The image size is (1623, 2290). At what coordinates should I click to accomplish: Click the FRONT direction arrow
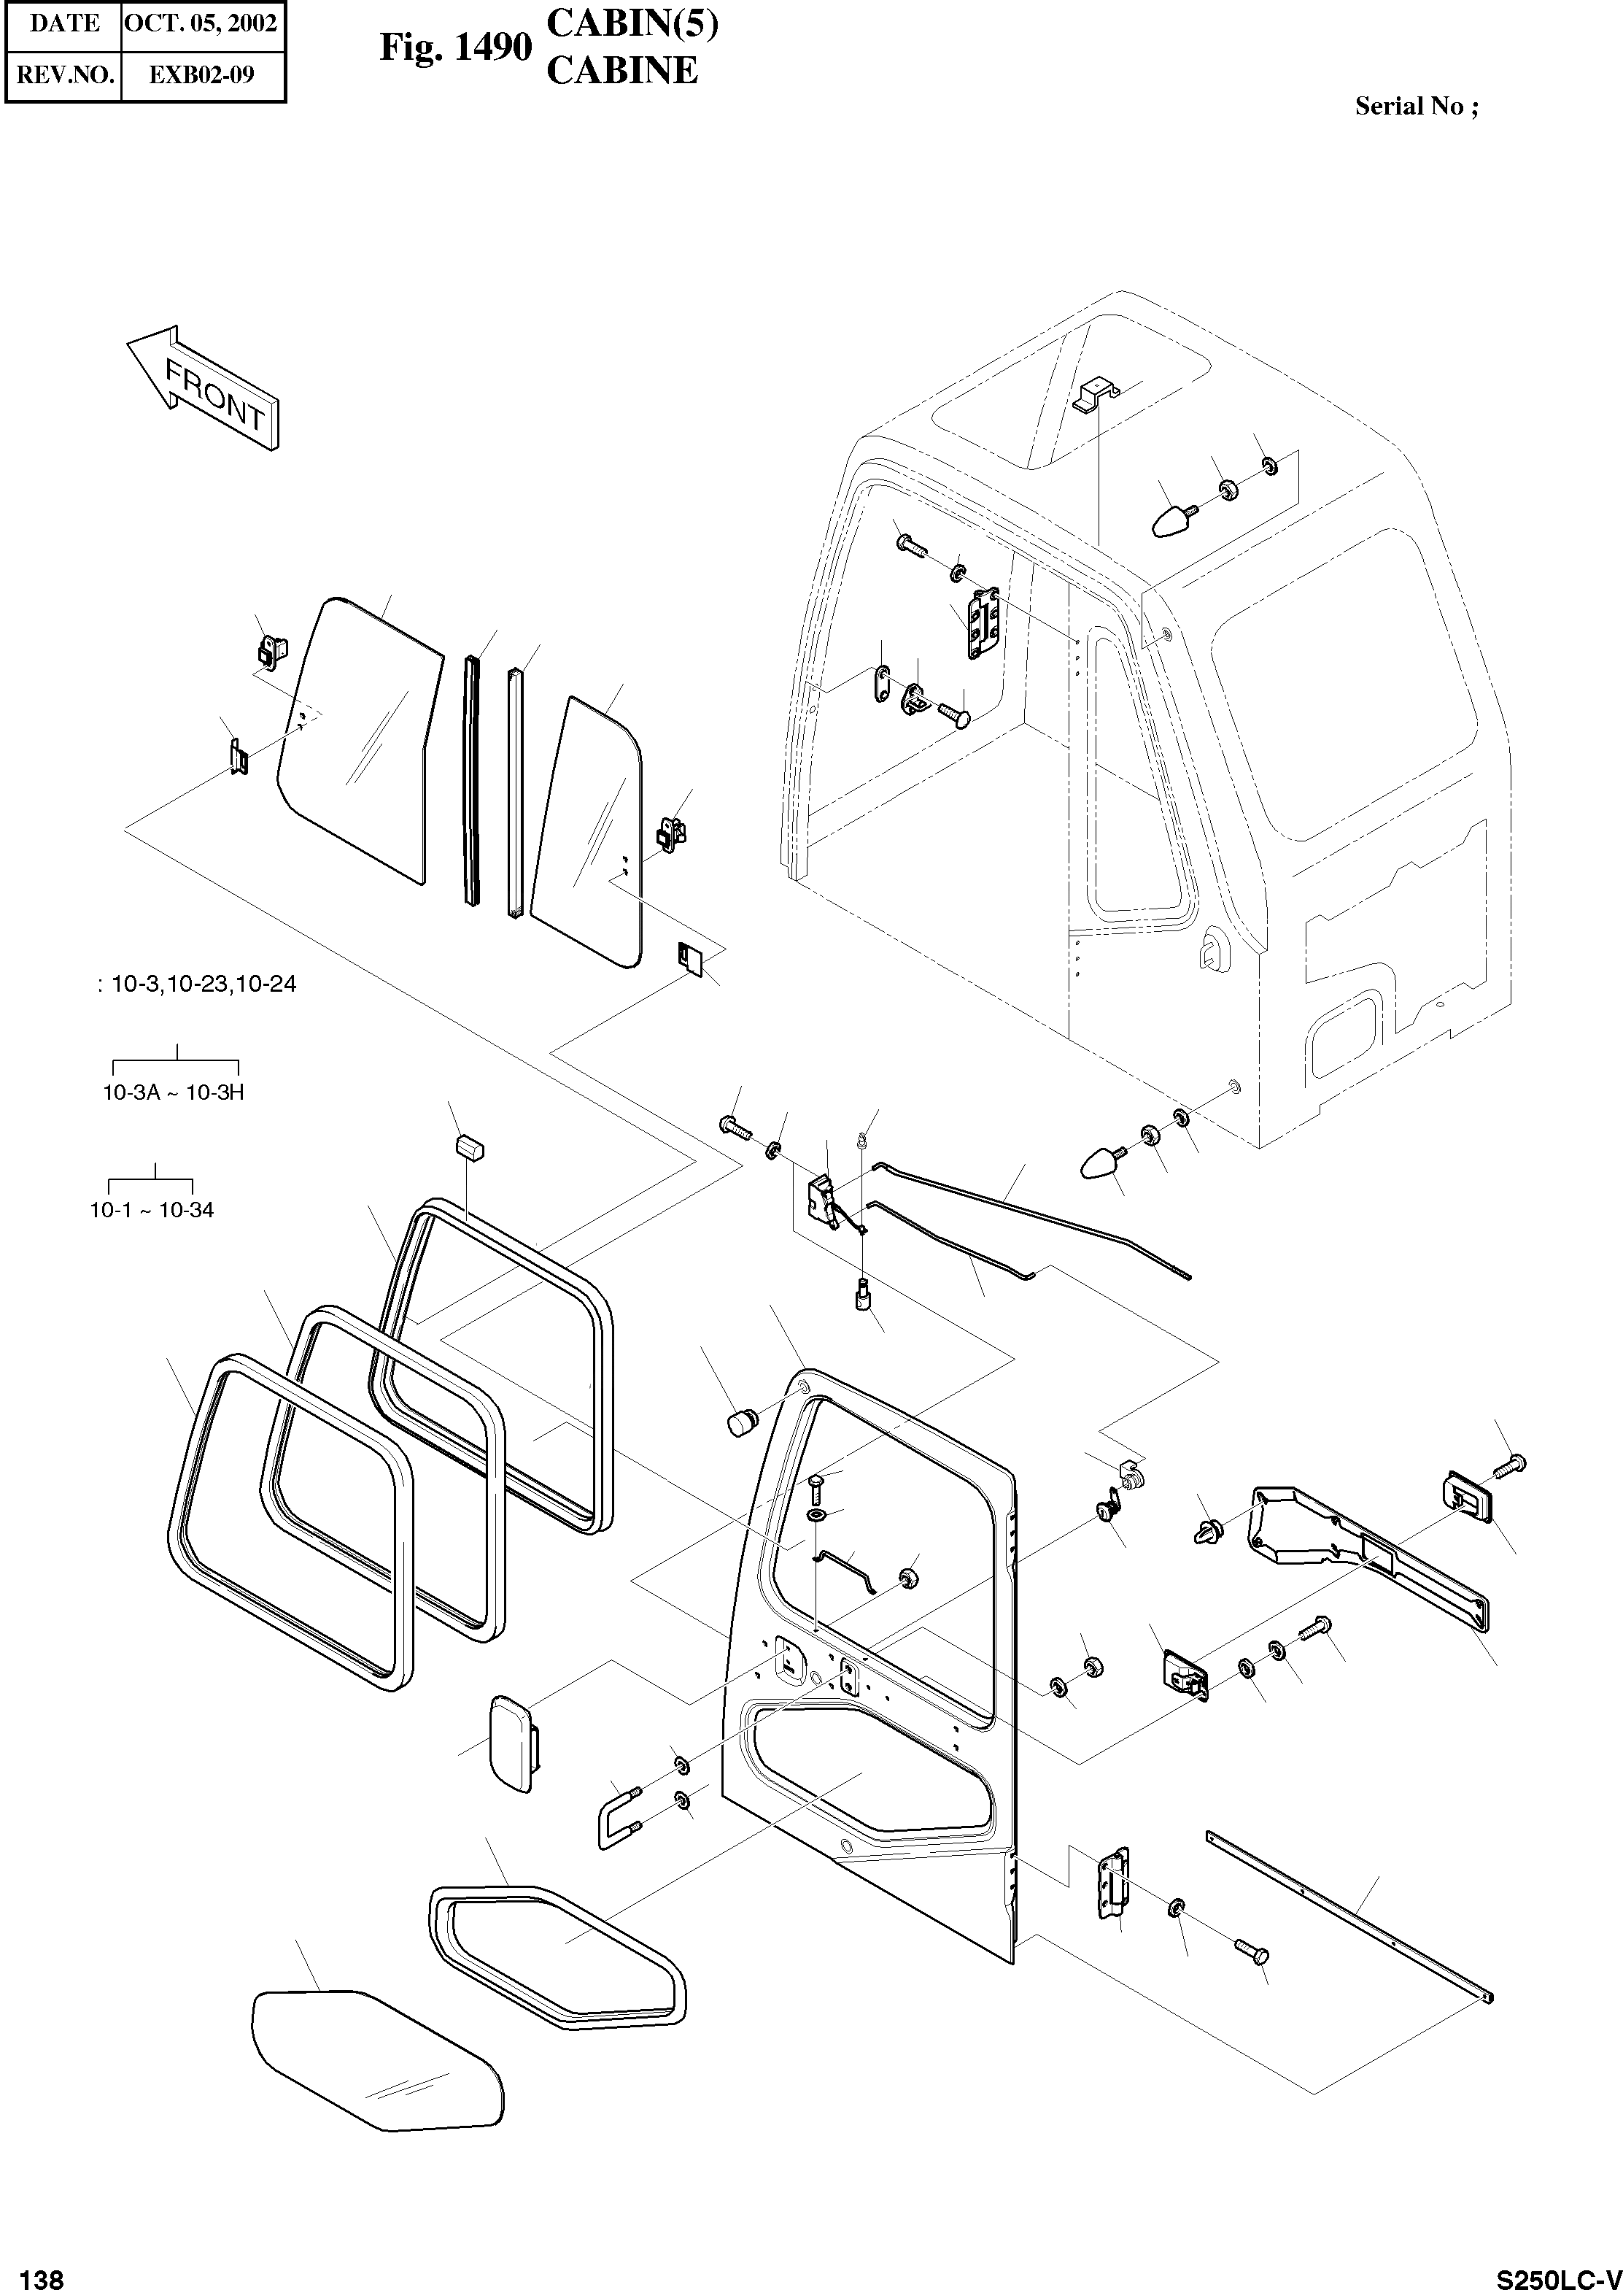203,388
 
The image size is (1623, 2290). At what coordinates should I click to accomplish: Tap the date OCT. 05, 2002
201,23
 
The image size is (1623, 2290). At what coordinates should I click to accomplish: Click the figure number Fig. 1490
454,46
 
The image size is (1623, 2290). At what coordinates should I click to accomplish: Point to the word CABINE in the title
621,71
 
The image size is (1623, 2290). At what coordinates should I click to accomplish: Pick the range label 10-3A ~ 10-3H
173,1092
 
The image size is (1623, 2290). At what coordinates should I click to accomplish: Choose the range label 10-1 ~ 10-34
151,1209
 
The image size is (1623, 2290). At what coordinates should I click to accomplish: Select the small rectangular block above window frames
470,1146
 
